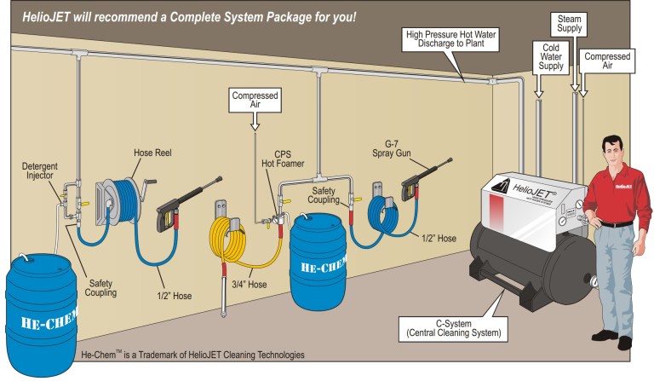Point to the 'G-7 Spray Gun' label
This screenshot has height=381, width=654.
(404, 150)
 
